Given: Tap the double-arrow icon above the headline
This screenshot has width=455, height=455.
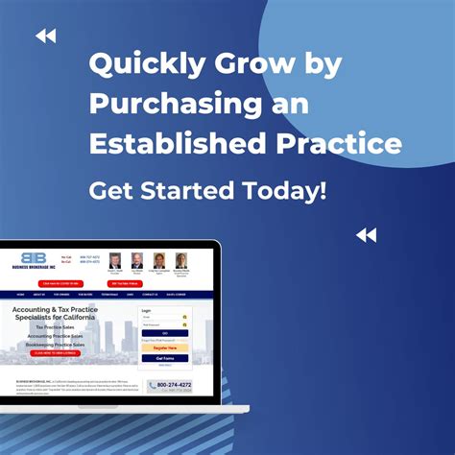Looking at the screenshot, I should [45, 36].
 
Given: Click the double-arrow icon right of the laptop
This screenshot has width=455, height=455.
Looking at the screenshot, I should [366, 235].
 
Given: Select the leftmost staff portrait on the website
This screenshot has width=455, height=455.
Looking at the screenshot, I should [115, 261].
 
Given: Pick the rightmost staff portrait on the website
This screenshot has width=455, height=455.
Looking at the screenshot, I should [180, 261].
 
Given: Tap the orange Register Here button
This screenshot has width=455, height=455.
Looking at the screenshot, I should [165, 347].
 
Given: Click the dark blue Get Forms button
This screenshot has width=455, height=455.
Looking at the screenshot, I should [165, 358].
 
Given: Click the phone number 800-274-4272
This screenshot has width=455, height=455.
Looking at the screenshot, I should [174, 385].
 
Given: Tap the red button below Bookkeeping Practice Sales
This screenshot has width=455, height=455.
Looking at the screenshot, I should [57, 353].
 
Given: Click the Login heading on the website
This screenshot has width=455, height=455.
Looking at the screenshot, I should [147, 311].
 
